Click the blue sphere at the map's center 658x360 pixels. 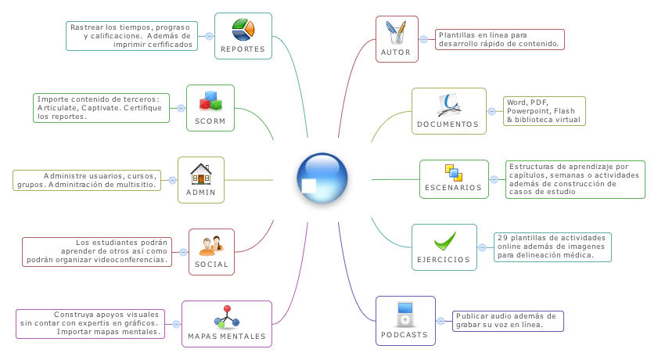coord(322,179)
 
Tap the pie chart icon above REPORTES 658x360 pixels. coord(243,30)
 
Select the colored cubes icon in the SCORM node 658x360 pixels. coord(210,101)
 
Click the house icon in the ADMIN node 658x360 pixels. coord(201,173)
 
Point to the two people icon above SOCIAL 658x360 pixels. coord(212,245)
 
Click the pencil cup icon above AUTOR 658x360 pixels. coord(397,33)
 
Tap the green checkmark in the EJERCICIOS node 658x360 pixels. coord(444,239)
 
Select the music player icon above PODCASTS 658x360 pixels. coord(405,313)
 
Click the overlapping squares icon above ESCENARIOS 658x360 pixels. coord(454,172)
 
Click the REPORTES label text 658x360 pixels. coord(243,49)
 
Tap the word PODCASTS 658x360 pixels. coord(405,334)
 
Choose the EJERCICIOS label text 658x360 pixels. coord(444,259)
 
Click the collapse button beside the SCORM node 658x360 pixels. coord(181,108)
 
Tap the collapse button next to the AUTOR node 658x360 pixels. coord(423,39)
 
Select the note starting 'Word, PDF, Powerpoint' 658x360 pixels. coord(545,111)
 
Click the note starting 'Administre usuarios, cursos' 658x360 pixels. coord(87,180)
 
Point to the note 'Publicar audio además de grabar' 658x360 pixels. coord(508,320)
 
